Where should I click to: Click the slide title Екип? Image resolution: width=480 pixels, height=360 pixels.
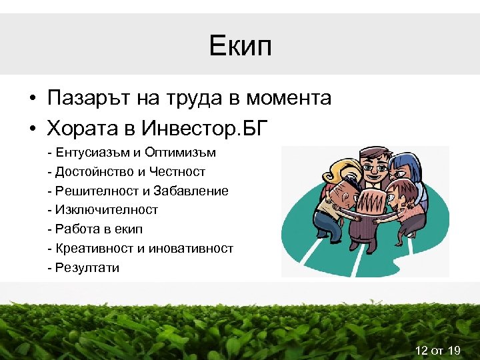[240, 46]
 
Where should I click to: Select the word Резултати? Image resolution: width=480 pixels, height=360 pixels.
[87, 268]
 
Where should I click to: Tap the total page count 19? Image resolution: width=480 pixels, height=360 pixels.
[455, 349]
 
